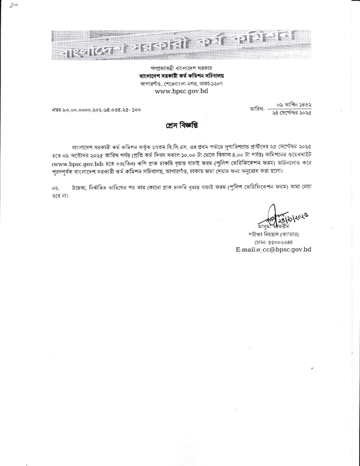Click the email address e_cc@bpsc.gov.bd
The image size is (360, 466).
pos(274,249)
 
